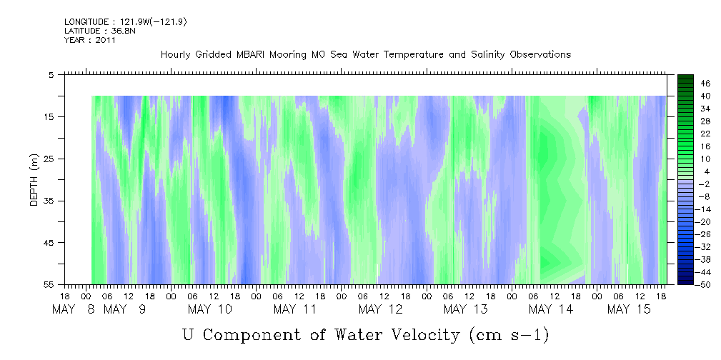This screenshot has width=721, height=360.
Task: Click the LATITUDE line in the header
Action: click(x=100, y=31)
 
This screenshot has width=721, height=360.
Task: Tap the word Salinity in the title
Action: click(x=488, y=55)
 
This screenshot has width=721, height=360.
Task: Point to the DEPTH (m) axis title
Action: click(x=34, y=180)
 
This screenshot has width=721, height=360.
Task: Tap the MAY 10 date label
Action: click(x=210, y=309)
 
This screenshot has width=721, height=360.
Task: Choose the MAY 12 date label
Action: click(x=380, y=309)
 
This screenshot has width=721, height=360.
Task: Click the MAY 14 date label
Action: click(x=551, y=309)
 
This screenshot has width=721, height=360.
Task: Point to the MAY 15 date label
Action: click(x=629, y=309)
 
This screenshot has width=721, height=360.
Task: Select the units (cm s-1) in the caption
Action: click(x=509, y=335)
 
